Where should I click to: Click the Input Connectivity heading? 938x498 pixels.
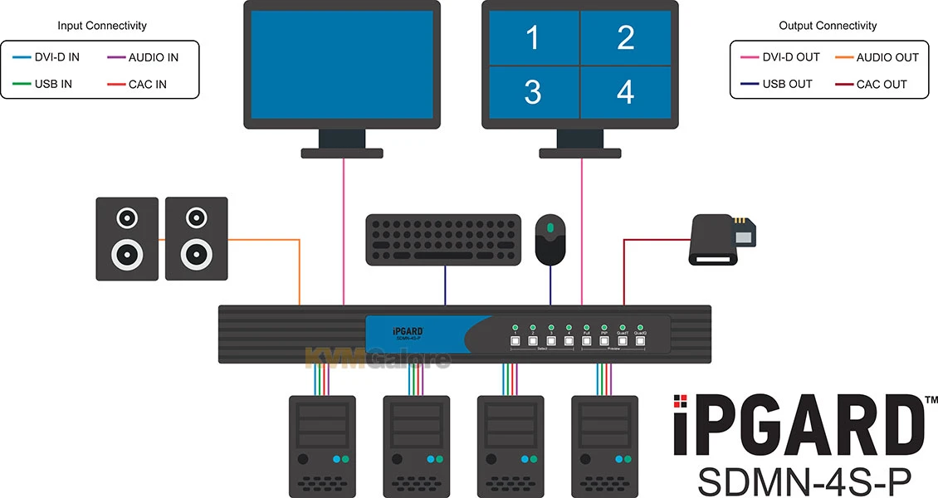click(102, 26)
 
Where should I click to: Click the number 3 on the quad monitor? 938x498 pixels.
click(532, 92)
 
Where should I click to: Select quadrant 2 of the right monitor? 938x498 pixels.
click(625, 37)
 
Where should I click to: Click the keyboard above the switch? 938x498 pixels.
click(444, 240)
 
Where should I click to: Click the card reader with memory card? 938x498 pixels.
click(722, 240)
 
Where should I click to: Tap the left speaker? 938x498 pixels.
click(127, 238)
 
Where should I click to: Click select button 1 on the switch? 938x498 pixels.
click(515, 340)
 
